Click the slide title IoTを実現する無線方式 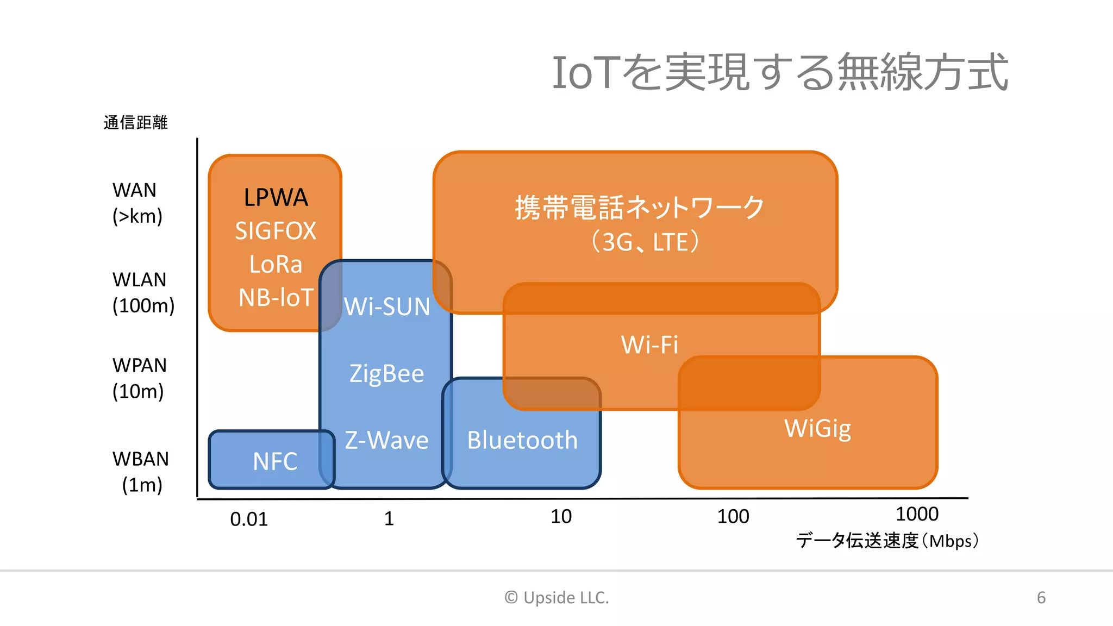pos(780,72)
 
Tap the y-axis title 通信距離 pos(135,123)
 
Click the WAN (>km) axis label pos(137,203)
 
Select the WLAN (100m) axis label pos(143,292)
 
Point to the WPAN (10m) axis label pos(139,378)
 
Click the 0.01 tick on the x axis pos(249,519)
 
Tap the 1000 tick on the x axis pos(917,514)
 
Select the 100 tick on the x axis pos(733,516)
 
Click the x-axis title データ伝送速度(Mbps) pos(887,541)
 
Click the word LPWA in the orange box pos(276,197)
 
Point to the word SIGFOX pos(276,231)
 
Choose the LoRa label pos(276,265)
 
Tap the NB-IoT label pos(276,298)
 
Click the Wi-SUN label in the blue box pos(386,306)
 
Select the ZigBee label pos(386,374)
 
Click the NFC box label pos(275,461)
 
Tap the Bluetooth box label pos(522,440)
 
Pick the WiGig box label pos(817,428)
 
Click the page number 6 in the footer pos(1041,598)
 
